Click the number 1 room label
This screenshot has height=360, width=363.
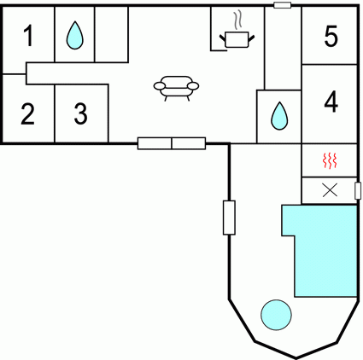[28, 36]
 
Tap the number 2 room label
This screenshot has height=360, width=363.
[28, 114]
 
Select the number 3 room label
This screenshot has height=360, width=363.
[81, 113]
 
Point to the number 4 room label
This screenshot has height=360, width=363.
[331, 102]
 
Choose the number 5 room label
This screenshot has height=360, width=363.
[331, 36]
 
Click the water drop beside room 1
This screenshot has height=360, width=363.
[75, 35]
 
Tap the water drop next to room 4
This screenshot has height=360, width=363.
[279, 116]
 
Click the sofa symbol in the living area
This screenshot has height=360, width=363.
[176, 89]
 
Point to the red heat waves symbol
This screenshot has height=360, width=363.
[330, 160]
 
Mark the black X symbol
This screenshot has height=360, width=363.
[330, 190]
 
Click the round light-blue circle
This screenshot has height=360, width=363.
[276, 315]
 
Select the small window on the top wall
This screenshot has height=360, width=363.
[283, 5]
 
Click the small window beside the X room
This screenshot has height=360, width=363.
[358, 190]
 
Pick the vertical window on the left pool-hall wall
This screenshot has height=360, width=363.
[229, 218]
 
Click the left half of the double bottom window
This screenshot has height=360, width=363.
[155, 143]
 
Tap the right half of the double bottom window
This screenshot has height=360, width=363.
[189, 143]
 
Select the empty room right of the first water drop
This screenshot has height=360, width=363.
[111, 34]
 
